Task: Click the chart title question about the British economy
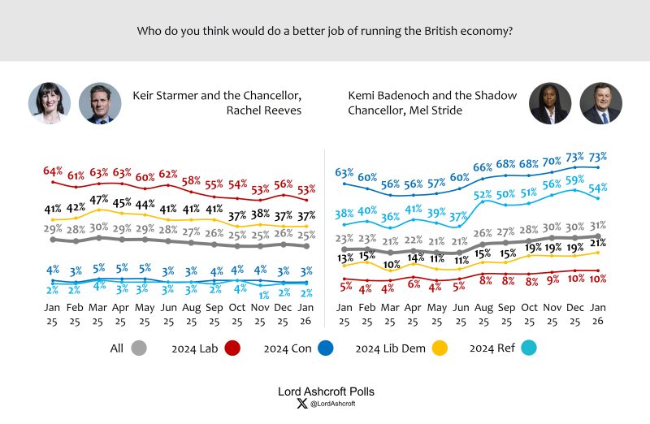pos(324,31)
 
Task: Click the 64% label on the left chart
pos(53,171)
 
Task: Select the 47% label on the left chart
pos(99,200)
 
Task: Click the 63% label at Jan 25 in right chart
pos(344,172)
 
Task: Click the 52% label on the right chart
pos(483,195)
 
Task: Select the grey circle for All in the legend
pos(139,348)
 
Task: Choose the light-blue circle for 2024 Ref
pos(534,348)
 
